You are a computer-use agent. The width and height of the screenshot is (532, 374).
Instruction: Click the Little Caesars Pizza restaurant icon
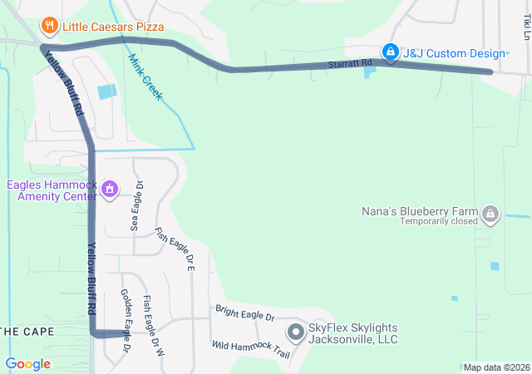pos(50,26)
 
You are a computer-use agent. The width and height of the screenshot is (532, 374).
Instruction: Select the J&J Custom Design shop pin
pos(390,52)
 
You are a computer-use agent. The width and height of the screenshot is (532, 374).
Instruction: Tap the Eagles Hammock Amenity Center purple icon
pos(108,190)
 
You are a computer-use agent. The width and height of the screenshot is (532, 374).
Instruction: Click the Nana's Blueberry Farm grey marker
pos(490,214)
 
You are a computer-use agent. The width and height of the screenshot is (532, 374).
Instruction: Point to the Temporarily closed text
pos(439,221)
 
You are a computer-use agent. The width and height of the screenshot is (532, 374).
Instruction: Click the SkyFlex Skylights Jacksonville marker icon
pos(296,333)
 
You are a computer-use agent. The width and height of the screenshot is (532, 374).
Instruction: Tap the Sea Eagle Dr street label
pos(137,205)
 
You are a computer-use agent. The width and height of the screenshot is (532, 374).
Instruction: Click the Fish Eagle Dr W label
pos(154,325)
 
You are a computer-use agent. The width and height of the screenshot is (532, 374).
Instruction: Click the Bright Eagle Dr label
pos(244,316)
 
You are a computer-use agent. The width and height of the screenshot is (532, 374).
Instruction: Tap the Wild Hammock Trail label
pos(250,349)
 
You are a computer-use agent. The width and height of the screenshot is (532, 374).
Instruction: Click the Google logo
pos(27,364)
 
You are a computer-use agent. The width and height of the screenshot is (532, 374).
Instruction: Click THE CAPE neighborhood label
pos(27,332)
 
